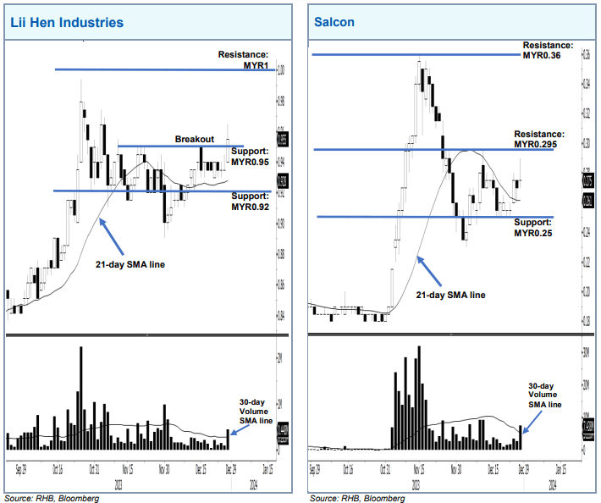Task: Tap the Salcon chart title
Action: [x=334, y=23]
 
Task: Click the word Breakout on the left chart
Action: [x=194, y=139]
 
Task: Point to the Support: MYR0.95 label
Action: [x=250, y=156]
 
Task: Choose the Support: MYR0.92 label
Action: [x=250, y=200]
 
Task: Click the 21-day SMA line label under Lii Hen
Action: [x=130, y=264]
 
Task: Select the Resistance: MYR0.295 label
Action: [x=542, y=139]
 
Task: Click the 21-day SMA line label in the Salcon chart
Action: [x=451, y=295]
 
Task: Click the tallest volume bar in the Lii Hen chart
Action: [x=81, y=398]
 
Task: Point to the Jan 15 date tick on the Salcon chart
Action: [x=560, y=467]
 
